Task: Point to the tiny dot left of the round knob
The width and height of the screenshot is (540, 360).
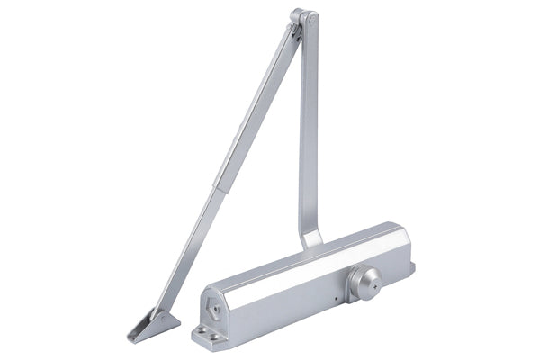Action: click(334, 298)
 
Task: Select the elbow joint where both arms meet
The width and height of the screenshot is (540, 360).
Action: click(301, 20)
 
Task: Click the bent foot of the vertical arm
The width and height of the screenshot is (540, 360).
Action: click(311, 238)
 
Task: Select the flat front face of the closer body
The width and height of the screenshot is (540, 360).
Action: click(297, 301)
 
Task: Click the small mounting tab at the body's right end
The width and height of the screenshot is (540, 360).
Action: click(410, 267)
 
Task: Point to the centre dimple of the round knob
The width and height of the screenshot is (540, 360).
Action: click(368, 278)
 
